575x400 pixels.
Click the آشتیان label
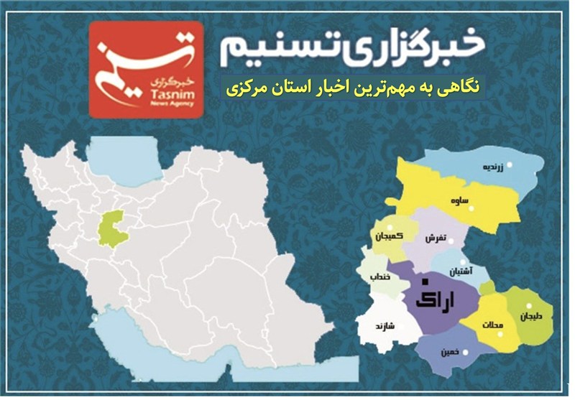pos(461,272)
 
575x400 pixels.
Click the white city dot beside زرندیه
pos(510,166)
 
